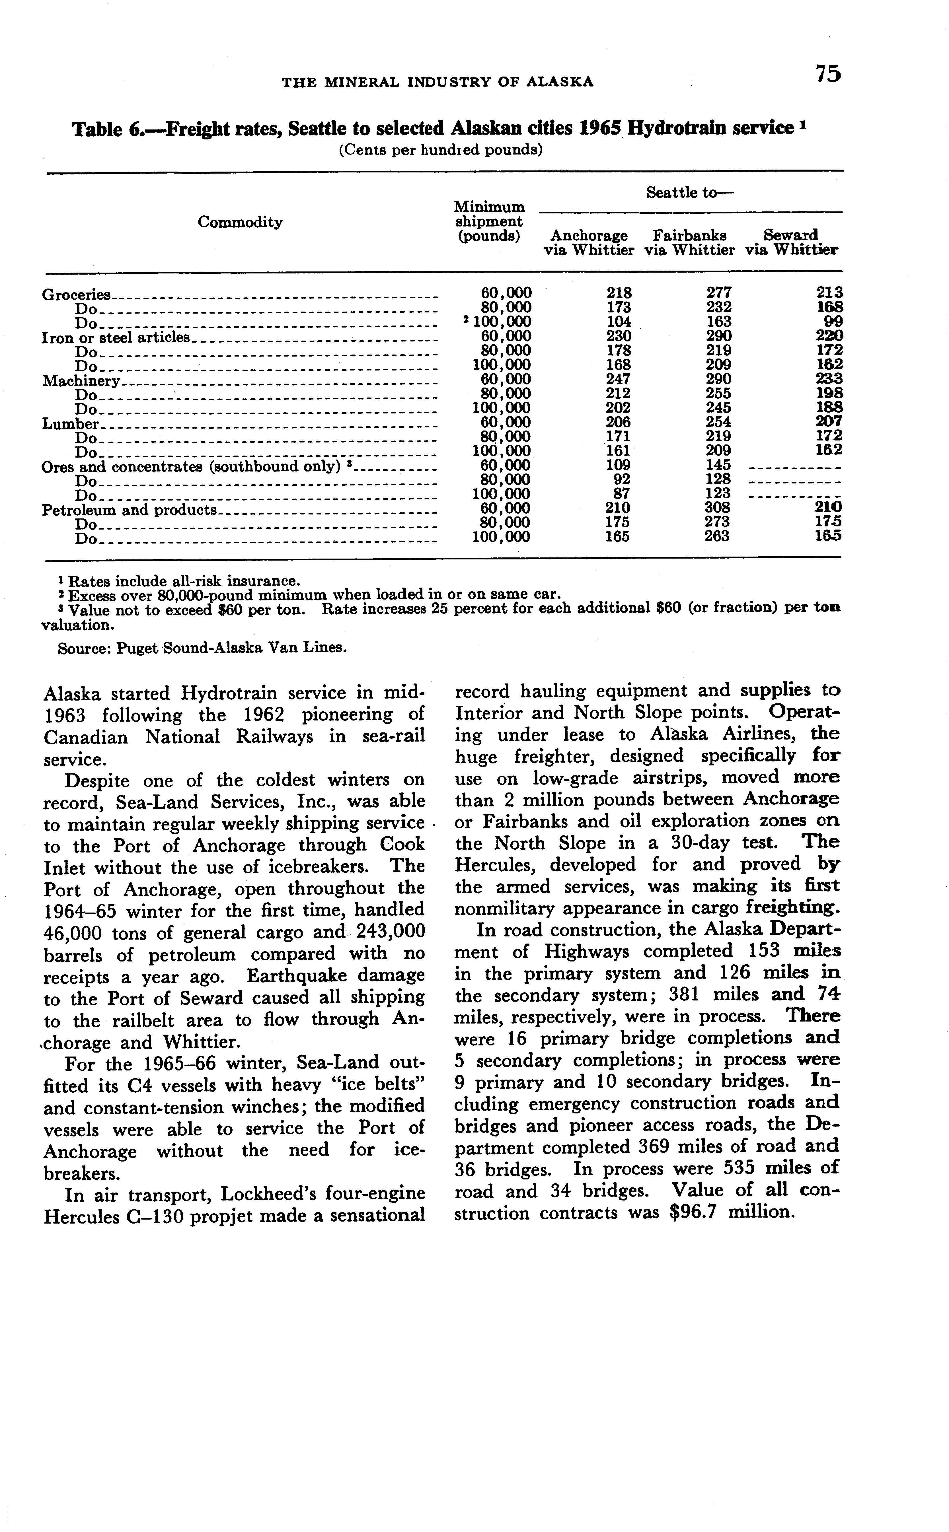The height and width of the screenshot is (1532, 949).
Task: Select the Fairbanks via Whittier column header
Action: [689, 243]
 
